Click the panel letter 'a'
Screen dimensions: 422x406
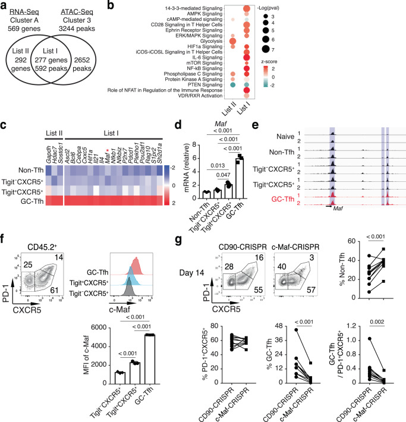coord(4,5)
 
